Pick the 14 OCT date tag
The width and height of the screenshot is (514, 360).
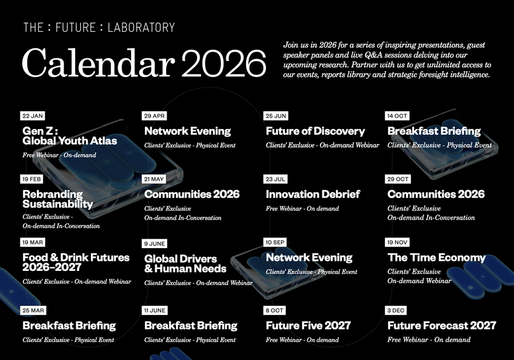[x=398, y=116]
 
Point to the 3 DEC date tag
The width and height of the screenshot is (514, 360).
[x=396, y=310]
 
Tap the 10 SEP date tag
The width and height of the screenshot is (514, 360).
[x=276, y=242]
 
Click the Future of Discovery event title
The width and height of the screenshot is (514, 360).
[x=315, y=131]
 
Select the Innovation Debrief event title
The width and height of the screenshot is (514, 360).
[x=313, y=194]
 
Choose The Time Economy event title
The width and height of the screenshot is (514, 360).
[x=436, y=258]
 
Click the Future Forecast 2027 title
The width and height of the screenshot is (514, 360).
[x=441, y=326]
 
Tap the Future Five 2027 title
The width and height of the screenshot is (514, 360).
[x=308, y=326]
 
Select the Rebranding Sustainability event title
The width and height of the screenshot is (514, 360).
[x=58, y=199]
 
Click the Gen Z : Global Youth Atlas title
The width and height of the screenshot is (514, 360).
[x=70, y=135]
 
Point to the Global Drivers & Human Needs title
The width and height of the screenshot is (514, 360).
[x=185, y=263]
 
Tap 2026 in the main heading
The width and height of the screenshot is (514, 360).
[x=223, y=64]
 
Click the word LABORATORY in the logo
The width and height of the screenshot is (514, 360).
[x=141, y=27]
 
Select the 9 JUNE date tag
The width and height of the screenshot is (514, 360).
[x=155, y=244]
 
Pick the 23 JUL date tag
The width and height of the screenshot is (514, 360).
[x=276, y=179]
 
